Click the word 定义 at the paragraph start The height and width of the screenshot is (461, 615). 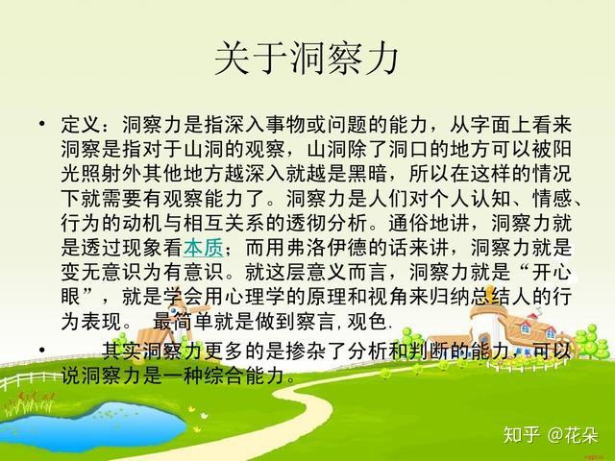[81, 127]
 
